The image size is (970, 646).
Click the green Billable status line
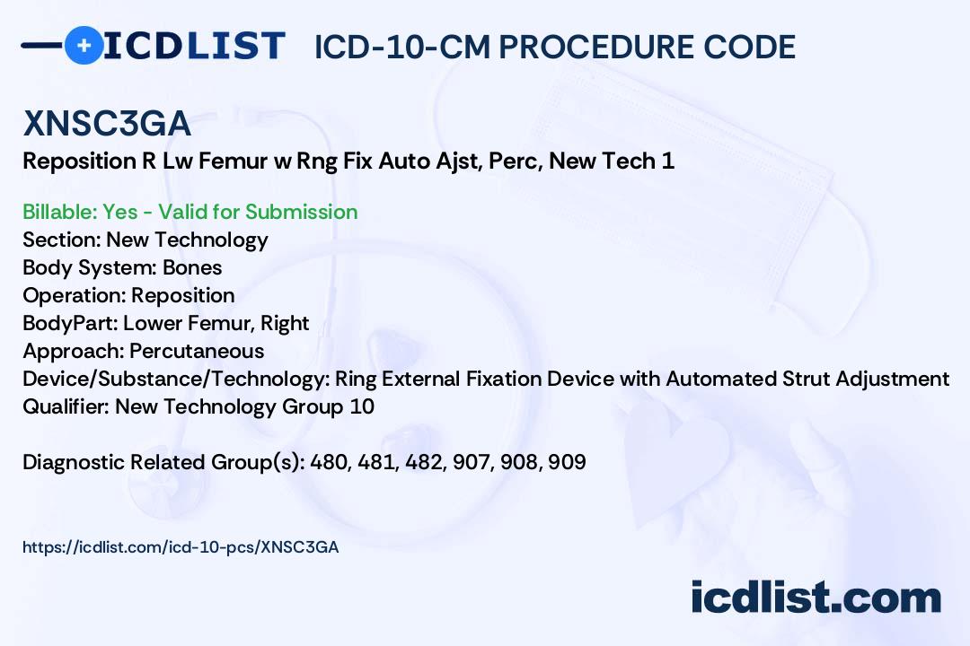click(190, 212)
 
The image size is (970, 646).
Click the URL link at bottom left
click(181, 546)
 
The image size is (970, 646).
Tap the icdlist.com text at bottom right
click(816, 597)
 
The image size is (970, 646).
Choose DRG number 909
click(566, 462)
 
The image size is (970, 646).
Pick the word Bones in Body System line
click(192, 267)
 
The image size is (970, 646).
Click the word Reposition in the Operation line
click(183, 295)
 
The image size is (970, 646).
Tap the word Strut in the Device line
click(805, 379)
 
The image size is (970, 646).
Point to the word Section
click(60, 240)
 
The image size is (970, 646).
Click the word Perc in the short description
click(519, 161)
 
